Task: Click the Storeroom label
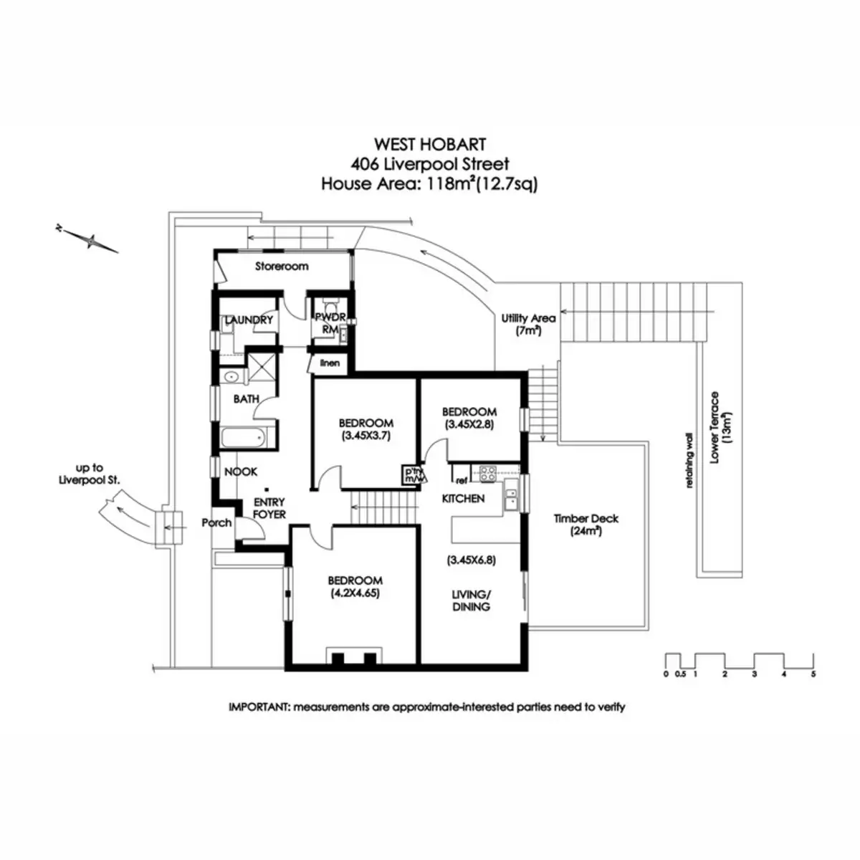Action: [x=282, y=267]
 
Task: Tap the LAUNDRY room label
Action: [x=249, y=320]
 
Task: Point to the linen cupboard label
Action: [x=330, y=363]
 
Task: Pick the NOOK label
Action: [x=241, y=472]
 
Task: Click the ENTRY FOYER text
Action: [x=269, y=508]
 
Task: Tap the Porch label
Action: [x=216, y=522]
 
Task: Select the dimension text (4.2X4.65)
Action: [x=355, y=593]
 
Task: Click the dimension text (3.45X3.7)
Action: [x=365, y=435]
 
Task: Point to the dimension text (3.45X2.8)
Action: [x=469, y=424]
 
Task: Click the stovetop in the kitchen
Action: [x=489, y=474]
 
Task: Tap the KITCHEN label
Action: [x=463, y=498]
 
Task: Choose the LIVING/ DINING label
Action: [x=471, y=601]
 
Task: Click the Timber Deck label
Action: [x=586, y=519]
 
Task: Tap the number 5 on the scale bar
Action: [x=813, y=674]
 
